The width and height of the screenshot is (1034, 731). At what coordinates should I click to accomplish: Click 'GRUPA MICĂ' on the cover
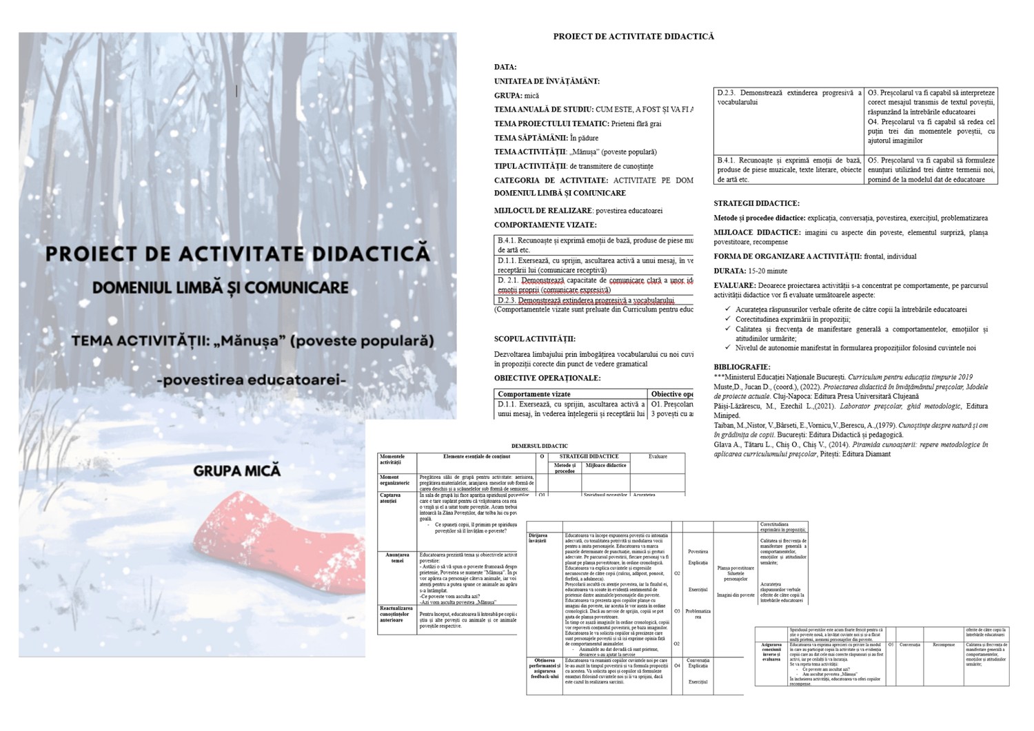point(236,471)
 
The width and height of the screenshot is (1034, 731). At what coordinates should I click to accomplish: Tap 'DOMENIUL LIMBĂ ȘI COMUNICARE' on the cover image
point(221,288)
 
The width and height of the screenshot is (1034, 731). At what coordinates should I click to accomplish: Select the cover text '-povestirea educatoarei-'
point(252,380)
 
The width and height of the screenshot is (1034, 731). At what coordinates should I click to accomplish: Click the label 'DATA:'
point(505,68)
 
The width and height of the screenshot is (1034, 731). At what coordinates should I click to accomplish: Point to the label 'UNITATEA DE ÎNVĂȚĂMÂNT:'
point(547,81)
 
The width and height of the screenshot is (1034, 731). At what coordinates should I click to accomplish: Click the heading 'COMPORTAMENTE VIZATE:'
point(545,225)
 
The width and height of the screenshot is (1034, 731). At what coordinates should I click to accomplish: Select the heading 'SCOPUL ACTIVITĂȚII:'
point(534,339)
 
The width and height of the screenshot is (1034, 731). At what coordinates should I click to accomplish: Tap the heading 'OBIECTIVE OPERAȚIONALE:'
point(547,378)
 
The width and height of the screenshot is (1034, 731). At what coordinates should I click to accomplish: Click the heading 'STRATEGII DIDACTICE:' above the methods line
point(756,204)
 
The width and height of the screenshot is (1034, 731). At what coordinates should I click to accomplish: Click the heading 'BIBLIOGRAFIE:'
point(742,367)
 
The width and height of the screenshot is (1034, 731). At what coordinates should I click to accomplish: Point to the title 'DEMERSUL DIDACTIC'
point(539,446)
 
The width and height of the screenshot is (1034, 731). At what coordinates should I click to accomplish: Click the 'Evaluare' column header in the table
point(658,457)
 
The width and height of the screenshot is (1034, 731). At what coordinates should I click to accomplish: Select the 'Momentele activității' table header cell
point(393,460)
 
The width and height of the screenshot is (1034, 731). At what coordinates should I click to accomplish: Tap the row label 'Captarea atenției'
point(389,498)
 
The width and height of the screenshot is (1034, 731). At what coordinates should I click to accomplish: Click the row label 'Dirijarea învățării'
point(538,538)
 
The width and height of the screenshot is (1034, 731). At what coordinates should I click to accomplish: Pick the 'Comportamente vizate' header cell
point(534,394)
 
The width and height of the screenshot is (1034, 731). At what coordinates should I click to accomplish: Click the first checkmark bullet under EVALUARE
point(728,309)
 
